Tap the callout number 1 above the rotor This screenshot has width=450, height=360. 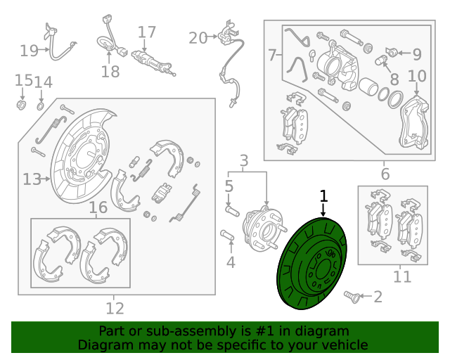(323, 196)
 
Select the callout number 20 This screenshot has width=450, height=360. (198, 38)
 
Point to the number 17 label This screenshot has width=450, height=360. (147, 32)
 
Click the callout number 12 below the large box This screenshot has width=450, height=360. (115, 309)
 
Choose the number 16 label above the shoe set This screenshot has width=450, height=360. (98, 207)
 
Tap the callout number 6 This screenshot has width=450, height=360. (385, 174)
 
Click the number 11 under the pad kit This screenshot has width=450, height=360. (402, 277)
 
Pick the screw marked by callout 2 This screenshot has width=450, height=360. (352, 297)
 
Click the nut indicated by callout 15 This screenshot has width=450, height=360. (21, 105)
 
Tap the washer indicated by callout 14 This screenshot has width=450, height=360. (41, 106)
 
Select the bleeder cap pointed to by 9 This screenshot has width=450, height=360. (392, 52)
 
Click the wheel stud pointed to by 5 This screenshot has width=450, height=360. (232, 211)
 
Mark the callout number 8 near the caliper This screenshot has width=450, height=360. (394, 79)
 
